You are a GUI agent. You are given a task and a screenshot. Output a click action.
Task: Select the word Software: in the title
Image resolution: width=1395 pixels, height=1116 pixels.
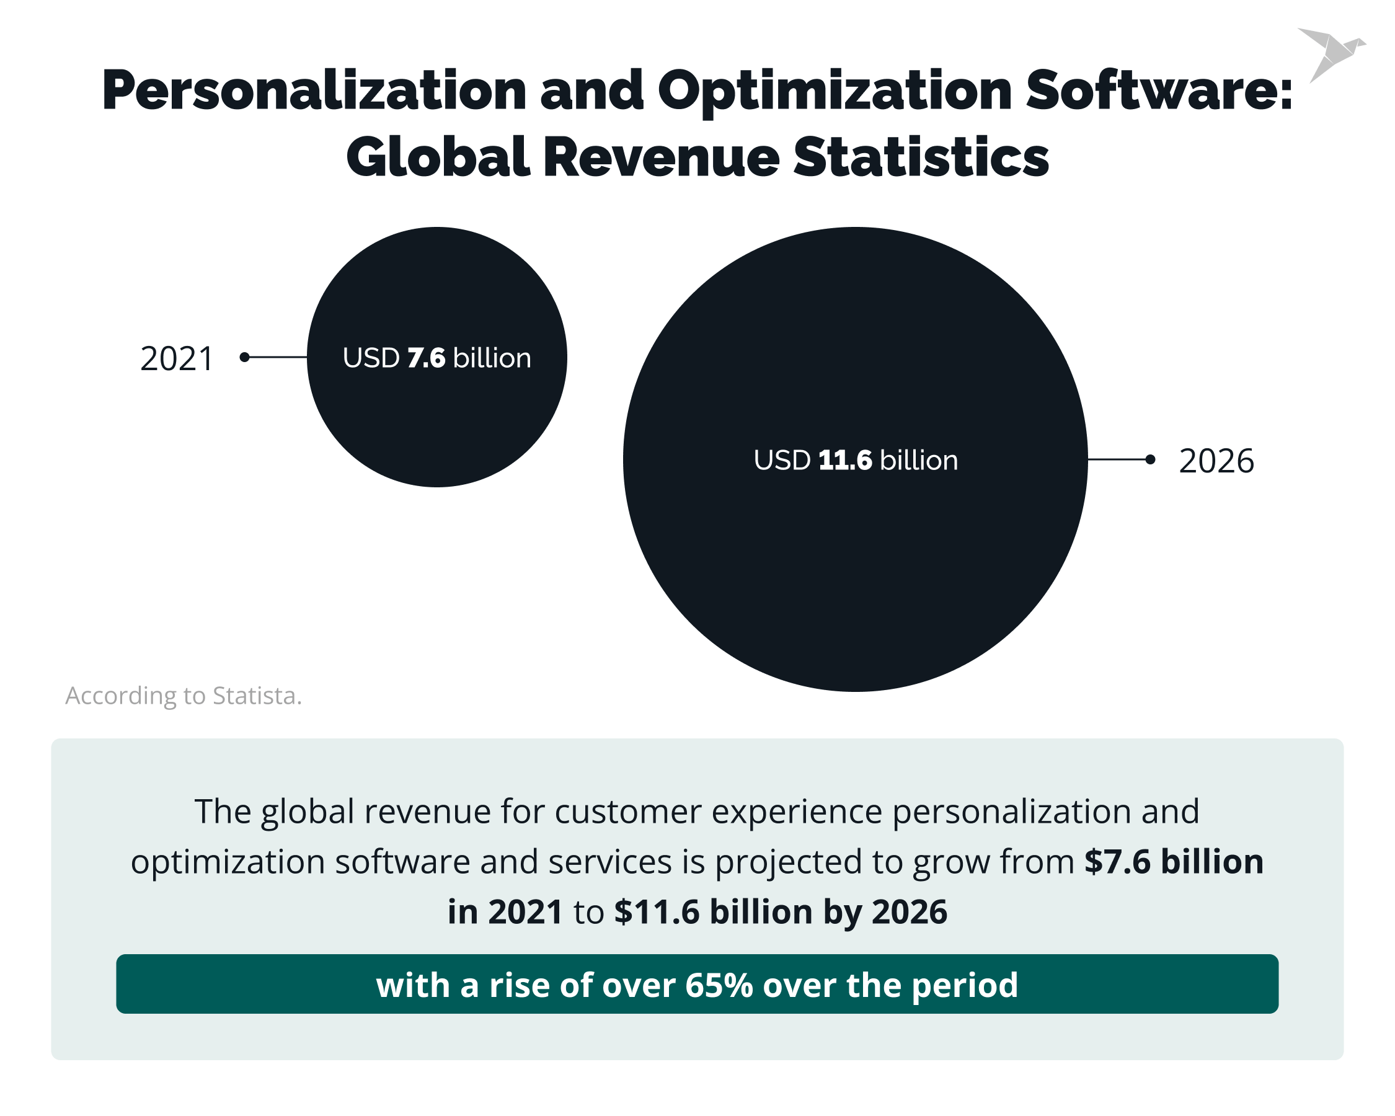click(x=1158, y=91)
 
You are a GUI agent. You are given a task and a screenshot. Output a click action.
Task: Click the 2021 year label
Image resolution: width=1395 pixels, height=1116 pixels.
click(x=177, y=359)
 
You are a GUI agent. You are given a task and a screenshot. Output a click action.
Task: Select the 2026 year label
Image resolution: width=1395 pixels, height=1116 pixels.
click(x=1216, y=461)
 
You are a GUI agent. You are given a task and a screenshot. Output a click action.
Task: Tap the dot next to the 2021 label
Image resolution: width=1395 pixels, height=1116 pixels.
click(x=244, y=357)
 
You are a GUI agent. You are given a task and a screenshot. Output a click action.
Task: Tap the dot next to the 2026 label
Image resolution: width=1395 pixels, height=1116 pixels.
click(x=1149, y=459)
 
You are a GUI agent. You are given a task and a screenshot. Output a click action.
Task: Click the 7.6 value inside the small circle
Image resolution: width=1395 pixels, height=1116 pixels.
click(x=427, y=358)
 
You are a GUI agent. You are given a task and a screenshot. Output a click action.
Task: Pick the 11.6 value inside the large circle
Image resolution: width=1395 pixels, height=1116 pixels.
click(x=845, y=461)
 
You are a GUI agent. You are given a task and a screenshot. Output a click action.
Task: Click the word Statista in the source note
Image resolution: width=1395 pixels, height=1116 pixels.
click(x=255, y=696)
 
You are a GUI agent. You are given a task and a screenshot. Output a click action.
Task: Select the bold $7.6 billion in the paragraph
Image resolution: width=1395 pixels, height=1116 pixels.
click(x=1174, y=862)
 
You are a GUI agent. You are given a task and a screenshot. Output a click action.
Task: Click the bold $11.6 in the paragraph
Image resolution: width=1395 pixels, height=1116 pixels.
click(x=657, y=912)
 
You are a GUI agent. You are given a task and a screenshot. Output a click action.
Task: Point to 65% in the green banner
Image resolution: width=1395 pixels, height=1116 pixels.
click(x=719, y=985)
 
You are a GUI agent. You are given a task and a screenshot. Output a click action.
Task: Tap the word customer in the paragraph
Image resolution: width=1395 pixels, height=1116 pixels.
click(x=627, y=812)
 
